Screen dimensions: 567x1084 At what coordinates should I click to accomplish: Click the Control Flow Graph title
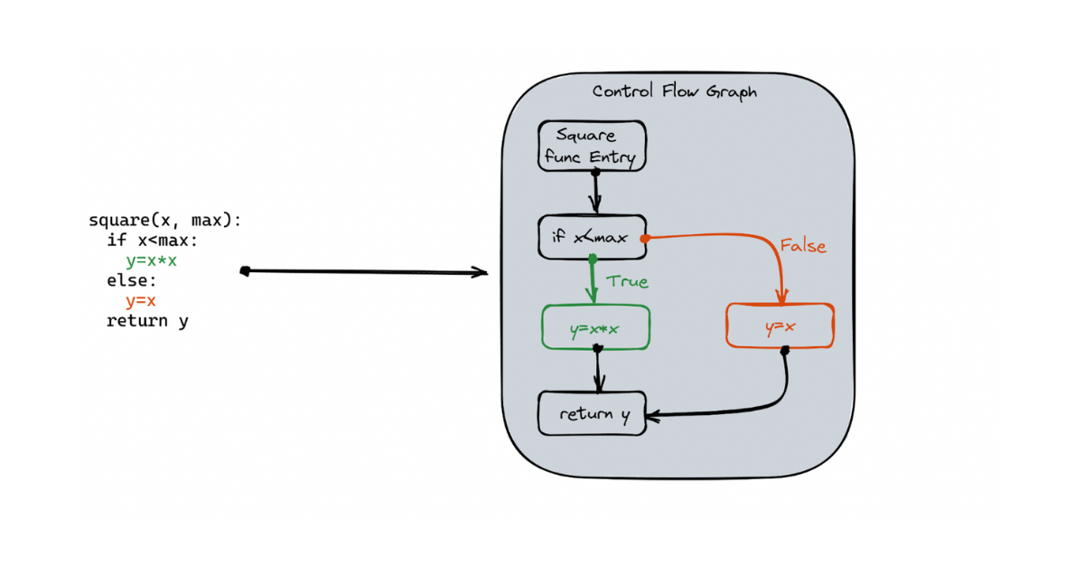[674, 91]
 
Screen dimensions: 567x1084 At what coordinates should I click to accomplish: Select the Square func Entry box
[593, 146]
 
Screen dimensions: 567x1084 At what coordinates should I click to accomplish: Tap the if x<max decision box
[591, 238]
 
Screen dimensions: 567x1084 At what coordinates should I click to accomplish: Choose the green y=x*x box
[595, 328]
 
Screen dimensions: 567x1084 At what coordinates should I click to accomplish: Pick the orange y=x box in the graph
[780, 327]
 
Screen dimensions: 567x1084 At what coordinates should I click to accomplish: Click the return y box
[593, 414]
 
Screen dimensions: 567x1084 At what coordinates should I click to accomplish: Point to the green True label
[628, 281]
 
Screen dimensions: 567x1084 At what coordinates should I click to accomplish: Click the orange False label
[803, 246]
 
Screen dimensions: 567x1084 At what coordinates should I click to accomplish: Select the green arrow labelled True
[592, 281]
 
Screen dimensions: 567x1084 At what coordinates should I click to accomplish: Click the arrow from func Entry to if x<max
[595, 192]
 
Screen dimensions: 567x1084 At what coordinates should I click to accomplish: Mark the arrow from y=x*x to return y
[597, 371]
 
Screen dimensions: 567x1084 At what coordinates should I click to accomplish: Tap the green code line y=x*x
[151, 260]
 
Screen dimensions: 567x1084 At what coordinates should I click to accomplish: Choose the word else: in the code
[132, 280]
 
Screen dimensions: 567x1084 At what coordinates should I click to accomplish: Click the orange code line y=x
[141, 300]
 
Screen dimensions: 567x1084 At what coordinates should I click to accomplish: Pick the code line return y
[147, 320]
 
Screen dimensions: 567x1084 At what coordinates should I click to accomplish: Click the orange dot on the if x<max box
[645, 239]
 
